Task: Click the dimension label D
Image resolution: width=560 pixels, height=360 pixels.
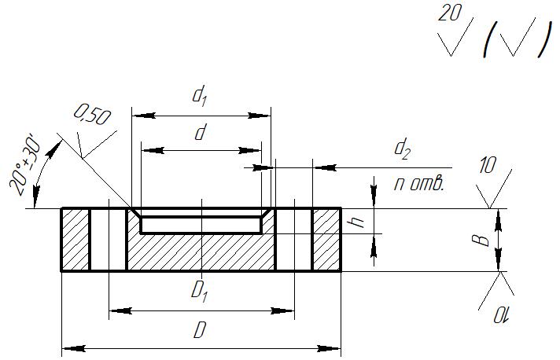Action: point(200,330)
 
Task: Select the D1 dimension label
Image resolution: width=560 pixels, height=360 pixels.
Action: point(200,291)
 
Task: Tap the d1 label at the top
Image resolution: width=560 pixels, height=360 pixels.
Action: point(200,97)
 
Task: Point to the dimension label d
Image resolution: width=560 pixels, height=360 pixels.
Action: point(201,132)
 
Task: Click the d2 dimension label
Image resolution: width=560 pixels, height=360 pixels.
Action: point(402,149)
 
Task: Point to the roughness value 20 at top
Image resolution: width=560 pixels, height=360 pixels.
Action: point(450,13)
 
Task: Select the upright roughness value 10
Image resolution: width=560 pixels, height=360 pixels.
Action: point(487,166)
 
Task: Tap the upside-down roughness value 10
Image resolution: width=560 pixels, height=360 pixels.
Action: point(501,315)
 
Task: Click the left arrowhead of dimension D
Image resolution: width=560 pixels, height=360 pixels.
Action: point(74,348)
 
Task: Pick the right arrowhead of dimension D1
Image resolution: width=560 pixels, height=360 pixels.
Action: point(282,311)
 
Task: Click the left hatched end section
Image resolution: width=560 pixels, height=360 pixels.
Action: point(76,240)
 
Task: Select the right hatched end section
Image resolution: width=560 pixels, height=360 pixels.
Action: point(326,240)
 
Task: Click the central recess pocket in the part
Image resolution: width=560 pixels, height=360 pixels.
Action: point(201,225)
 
